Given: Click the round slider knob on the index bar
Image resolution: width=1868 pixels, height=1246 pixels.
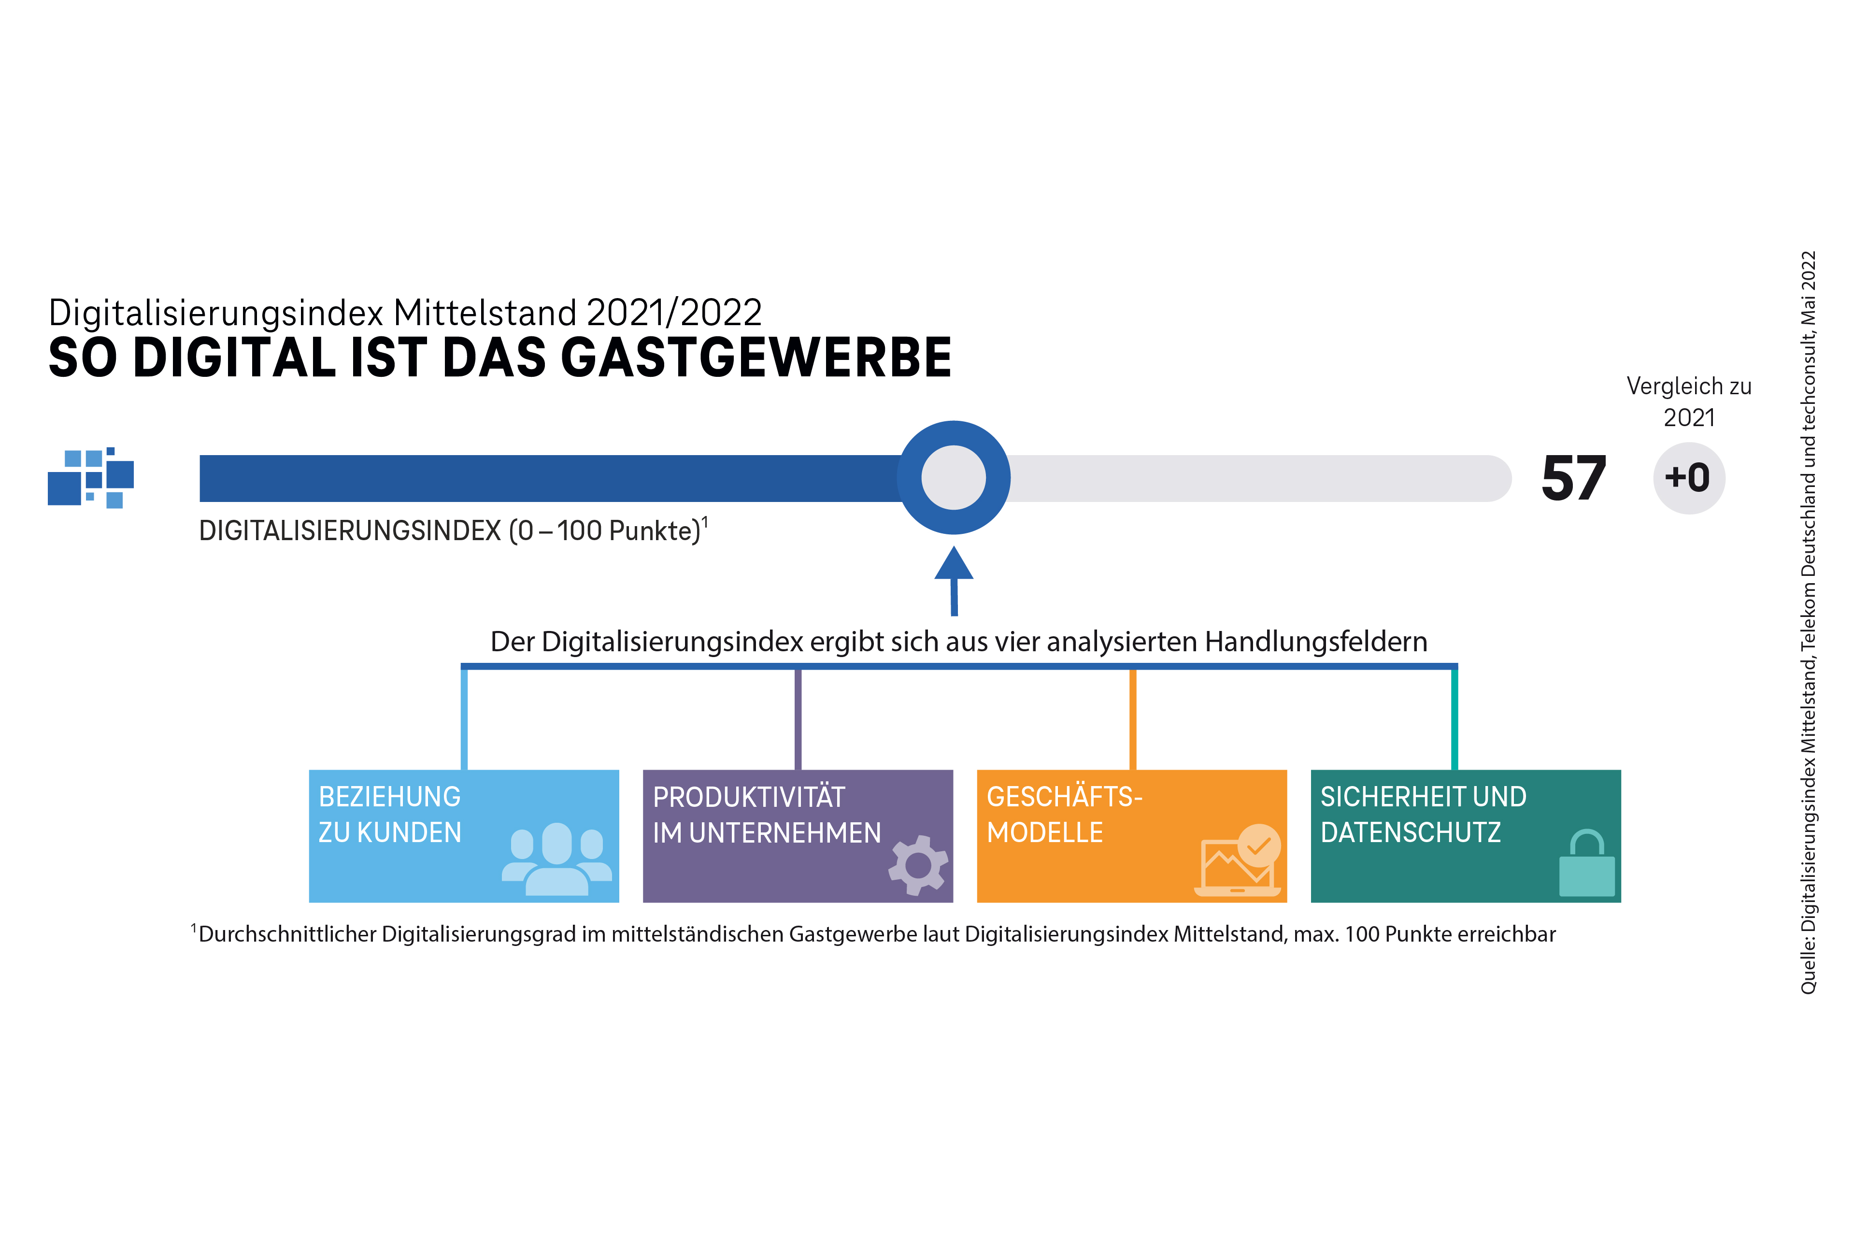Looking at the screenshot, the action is pos(954,478).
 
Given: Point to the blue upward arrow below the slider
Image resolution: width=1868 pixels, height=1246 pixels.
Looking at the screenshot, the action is pos(954,581).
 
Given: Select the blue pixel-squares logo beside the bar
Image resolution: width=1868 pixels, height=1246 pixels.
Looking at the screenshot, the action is pos(91,478).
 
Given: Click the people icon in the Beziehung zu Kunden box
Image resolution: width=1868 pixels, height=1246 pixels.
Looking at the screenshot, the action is pos(557,859).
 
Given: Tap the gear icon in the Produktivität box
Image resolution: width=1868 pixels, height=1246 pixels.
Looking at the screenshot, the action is pos(918,865).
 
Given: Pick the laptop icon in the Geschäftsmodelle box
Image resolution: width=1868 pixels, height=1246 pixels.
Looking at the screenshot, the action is pos(1238,860).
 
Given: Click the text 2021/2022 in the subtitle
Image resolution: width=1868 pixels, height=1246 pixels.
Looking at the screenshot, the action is pos(674,312).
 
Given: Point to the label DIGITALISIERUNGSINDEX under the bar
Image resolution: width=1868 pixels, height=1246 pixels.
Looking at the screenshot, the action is pos(350,531).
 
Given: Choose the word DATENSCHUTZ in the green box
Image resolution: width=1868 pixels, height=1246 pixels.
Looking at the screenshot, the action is pos(1411,833).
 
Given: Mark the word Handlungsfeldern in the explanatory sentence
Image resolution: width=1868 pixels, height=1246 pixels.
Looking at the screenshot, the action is pos(1316,641).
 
